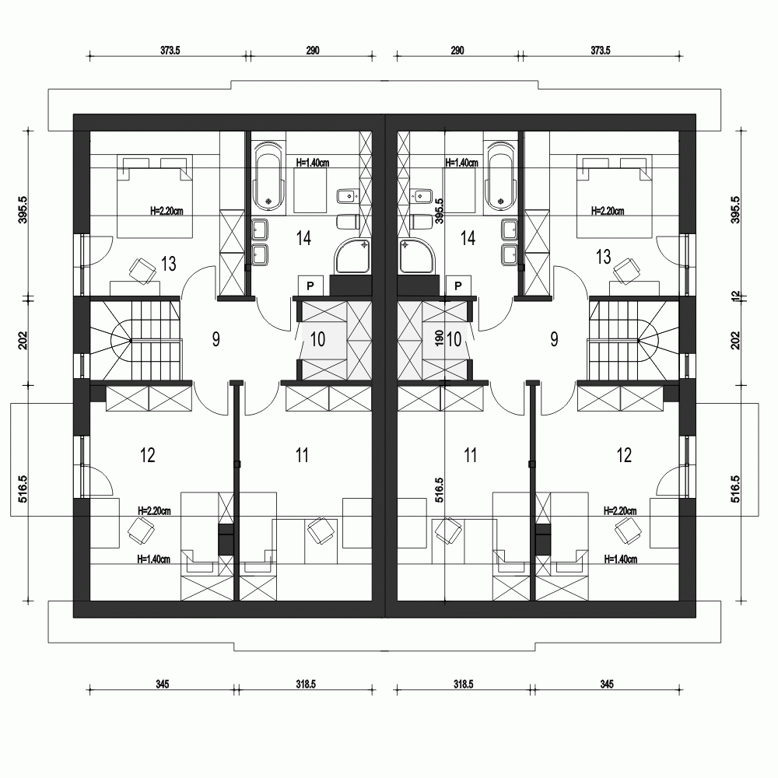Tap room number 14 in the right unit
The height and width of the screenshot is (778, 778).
click(x=468, y=239)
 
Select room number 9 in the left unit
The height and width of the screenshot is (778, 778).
click(x=216, y=338)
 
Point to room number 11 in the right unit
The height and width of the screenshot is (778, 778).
click(x=470, y=455)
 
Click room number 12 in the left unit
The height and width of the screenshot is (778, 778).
click(x=148, y=455)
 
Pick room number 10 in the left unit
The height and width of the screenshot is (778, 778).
click(x=318, y=338)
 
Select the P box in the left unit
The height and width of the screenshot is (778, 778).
click(x=310, y=286)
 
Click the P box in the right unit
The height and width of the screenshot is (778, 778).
click(x=458, y=286)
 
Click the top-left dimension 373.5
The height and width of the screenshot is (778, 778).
click(x=170, y=51)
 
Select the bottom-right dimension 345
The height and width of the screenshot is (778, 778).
click(x=608, y=685)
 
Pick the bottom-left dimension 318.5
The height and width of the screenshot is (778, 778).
click(x=305, y=685)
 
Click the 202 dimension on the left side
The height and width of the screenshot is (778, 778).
click(x=23, y=340)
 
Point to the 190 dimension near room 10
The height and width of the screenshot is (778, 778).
click(x=440, y=338)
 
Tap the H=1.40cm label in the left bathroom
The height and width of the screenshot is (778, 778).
click(x=314, y=163)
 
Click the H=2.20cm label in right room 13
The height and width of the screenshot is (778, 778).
click(x=608, y=210)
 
